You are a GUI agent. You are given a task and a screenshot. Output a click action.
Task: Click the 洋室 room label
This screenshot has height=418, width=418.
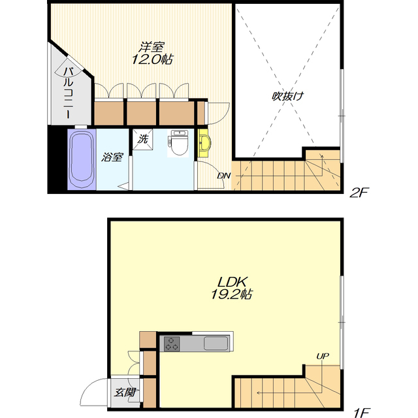click(x=152, y=47)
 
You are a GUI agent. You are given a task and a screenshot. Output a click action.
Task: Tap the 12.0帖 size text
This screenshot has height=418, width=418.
click(x=152, y=59)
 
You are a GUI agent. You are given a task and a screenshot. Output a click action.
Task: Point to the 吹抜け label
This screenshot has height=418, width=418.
click(x=288, y=96)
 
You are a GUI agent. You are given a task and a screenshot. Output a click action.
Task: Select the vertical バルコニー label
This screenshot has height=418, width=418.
click(x=68, y=93)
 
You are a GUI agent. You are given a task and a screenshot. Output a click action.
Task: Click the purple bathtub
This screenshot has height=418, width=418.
click(x=82, y=159)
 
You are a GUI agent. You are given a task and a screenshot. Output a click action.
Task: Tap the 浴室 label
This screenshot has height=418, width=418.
click(x=112, y=157)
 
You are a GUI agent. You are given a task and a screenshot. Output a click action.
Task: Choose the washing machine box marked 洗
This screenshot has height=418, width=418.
click(x=143, y=139)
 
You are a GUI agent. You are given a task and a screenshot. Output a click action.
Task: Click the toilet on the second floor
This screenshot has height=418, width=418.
click(x=178, y=143)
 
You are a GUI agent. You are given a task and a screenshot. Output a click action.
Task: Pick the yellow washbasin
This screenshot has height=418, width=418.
click(x=204, y=143)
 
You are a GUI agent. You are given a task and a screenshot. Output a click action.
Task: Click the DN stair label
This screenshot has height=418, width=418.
click(x=224, y=176)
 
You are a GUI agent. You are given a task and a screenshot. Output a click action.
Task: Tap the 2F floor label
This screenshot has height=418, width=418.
click(x=359, y=193)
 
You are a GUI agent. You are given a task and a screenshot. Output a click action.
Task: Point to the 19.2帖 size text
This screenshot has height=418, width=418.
click(x=231, y=295)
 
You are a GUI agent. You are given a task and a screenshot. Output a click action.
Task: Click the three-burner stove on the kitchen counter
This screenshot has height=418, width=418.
click(x=172, y=344)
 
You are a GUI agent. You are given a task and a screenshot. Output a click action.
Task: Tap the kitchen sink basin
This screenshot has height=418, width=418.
click(x=216, y=344)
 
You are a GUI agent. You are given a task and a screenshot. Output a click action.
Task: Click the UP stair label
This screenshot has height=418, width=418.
click(x=323, y=356)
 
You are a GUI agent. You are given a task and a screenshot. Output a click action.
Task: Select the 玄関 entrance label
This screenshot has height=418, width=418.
click(x=125, y=392)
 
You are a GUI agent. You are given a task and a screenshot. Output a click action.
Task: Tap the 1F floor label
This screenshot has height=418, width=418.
click(x=361, y=413)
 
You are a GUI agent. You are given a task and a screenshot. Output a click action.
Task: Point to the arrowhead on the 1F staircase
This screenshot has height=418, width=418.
click(x=259, y=393)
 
